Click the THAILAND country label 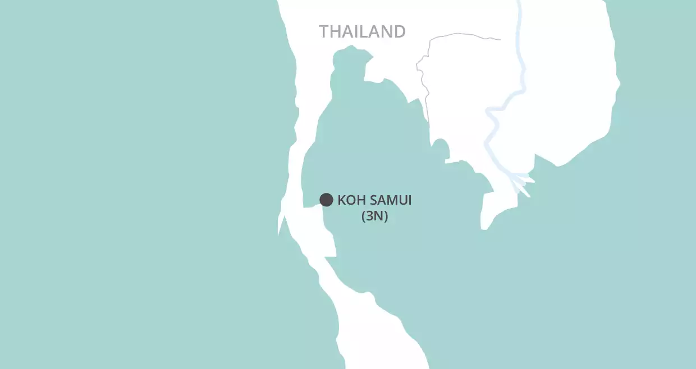[362, 31]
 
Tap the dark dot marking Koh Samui [326, 200]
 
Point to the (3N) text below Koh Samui [374, 216]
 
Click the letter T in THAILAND [324, 31]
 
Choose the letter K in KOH [342, 200]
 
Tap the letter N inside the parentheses [379, 216]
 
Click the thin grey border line [460, 35]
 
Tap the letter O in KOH [350, 200]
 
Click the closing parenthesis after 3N [386, 216]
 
